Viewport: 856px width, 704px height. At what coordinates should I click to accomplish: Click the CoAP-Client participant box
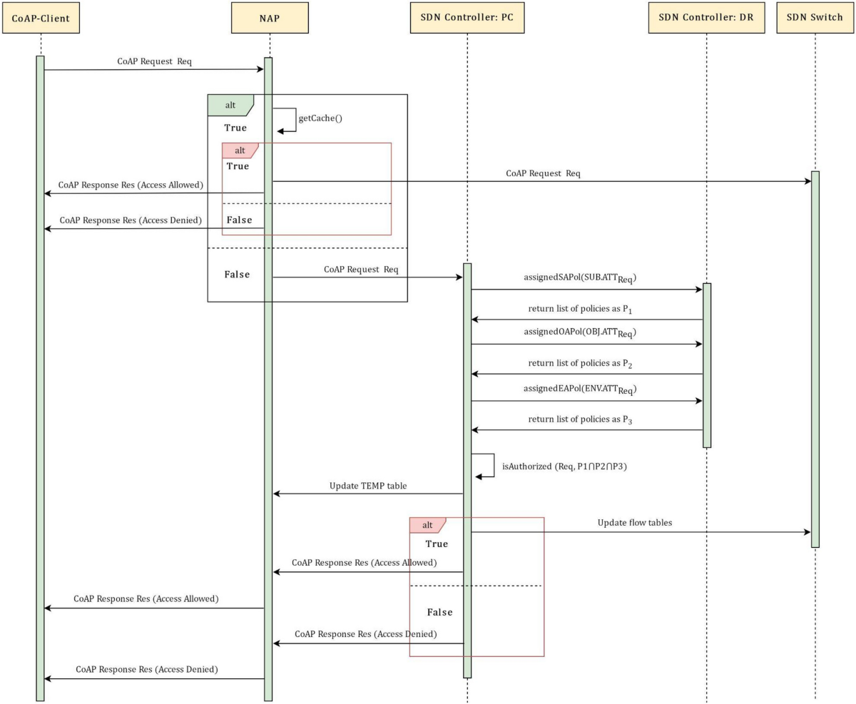[x=41, y=18]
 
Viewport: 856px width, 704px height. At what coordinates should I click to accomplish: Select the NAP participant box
[x=270, y=18]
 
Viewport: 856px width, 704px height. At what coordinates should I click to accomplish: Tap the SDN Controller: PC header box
[x=467, y=18]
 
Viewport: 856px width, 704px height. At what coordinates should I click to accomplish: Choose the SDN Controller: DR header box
[x=706, y=18]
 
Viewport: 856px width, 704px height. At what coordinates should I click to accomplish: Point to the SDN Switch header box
[x=814, y=18]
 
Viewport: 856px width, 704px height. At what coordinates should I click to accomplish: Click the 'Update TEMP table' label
[x=367, y=485]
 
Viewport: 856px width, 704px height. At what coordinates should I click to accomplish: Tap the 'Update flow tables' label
[x=634, y=523]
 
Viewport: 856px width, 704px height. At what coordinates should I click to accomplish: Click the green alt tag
[x=230, y=105]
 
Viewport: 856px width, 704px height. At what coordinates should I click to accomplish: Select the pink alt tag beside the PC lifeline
[x=427, y=525]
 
